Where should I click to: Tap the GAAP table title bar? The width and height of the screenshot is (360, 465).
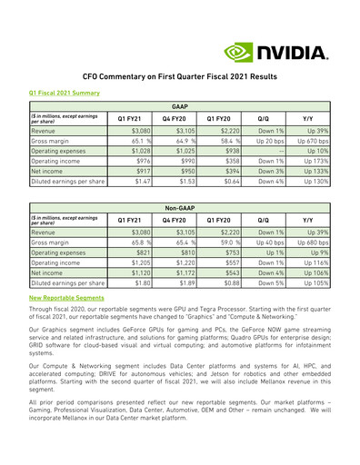click(179, 105)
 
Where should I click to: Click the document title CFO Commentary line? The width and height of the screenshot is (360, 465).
click(179, 79)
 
